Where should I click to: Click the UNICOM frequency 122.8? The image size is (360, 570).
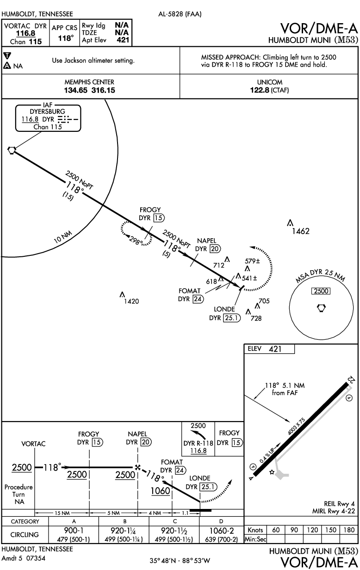tap(259, 90)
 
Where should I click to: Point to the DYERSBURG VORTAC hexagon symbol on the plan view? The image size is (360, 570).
tap(12, 149)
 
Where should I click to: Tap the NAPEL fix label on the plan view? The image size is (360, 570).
tap(207, 241)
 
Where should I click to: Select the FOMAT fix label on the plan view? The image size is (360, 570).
tap(190, 291)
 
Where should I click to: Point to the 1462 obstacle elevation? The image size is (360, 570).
tap(301, 231)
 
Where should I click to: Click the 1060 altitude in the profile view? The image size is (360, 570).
tap(160, 490)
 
